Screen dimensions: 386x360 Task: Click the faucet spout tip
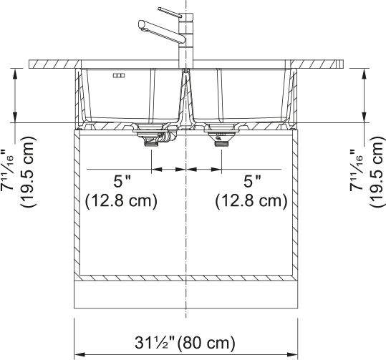click(141, 24)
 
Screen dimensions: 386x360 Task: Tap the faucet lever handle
click(170, 12)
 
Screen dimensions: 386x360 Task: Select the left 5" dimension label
click(122, 182)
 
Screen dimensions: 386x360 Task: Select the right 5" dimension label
click(252, 182)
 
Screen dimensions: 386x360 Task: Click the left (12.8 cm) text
click(121, 201)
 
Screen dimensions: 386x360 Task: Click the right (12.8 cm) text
click(251, 201)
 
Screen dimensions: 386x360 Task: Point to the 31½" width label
click(155, 343)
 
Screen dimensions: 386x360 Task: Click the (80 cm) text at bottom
click(206, 343)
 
